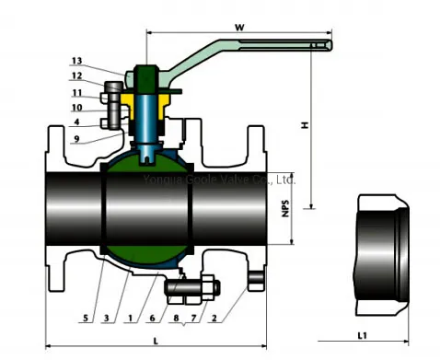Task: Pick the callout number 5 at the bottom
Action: pyautogui.click(x=87, y=318)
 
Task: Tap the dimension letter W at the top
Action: pyautogui.click(x=238, y=27)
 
